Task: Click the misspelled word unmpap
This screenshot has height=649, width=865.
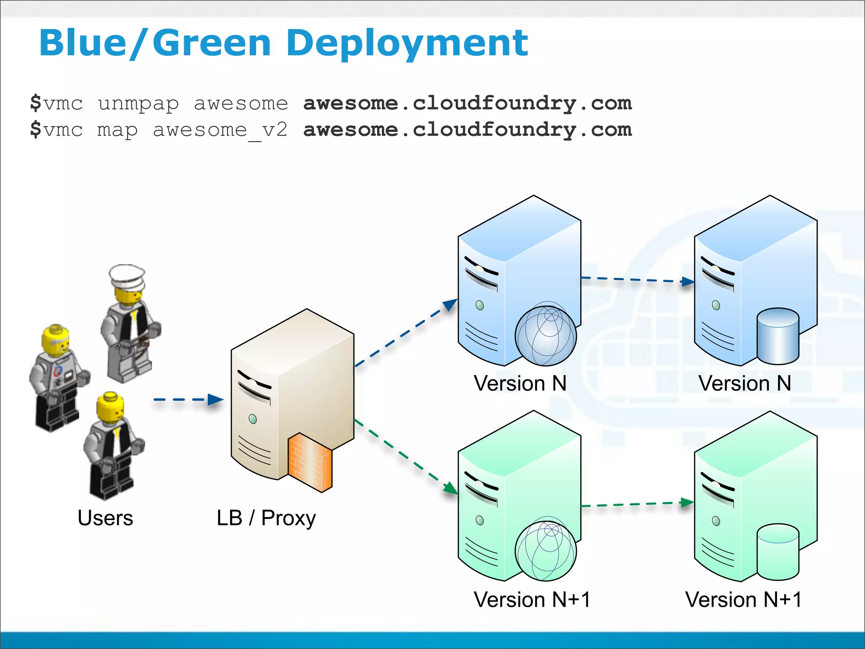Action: point(138,104)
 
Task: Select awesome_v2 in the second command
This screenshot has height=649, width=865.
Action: point(220,130)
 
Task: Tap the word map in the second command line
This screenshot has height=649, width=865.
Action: point(117,130)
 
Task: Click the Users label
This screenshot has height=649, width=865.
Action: point(105,518)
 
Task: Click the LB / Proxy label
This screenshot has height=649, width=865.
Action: point(266,518)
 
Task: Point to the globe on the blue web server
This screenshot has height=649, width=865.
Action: point(545,335)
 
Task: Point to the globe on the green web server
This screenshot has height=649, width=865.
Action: point(545,550)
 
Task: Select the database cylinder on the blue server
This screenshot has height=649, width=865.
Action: point(778,336)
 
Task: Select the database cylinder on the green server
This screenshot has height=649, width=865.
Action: point(778,552)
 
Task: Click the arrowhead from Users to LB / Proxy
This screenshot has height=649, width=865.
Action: point(215,399)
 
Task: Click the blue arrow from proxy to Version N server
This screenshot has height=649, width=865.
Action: point(405,333)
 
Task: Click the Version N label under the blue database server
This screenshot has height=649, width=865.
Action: point(744,383)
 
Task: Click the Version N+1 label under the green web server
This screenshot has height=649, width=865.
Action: point(532,599)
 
